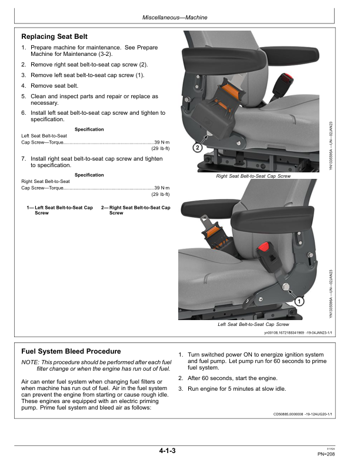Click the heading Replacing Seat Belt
coord(55,36)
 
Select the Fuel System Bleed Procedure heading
coord(71,351)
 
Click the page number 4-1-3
coord(167,451)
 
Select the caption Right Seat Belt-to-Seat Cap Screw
coord(253,176)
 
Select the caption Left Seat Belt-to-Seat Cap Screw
coord(253,324)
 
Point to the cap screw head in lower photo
coord(286,287)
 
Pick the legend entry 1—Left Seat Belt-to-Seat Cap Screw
coord(60,210)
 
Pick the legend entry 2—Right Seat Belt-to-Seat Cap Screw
coord(135,210)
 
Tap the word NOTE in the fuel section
coord(31,362)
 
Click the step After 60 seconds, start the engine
coord(232,378)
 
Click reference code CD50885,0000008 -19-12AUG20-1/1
coord(295,414)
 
